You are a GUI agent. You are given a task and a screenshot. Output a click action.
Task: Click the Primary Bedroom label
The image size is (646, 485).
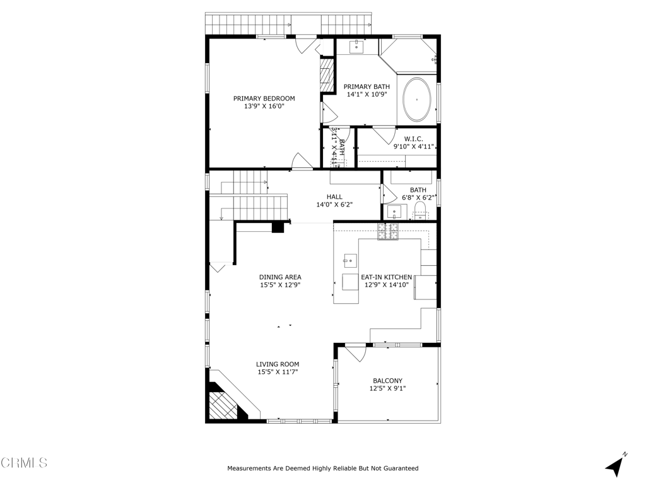pyautogui.click(x=264, y=99)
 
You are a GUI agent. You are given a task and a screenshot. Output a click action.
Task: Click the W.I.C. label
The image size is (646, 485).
pyautogui.click(x=413, y=139)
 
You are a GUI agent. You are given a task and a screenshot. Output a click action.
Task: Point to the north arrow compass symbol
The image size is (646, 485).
pyautogui.click(x=616, y=465)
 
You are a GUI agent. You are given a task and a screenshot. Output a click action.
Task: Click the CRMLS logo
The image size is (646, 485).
pyautogui.click(x=24, y=463)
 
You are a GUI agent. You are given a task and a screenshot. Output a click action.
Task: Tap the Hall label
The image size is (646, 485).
pyautogui.click(x=334, y=197)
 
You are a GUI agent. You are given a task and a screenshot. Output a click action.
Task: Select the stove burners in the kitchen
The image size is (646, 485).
pyautogui.click(x=389, y=232)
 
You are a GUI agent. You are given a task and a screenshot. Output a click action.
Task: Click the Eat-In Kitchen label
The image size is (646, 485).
pyautogui.click(x=386, y=277)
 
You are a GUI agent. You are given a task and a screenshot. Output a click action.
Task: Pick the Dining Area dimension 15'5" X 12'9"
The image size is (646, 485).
pyautogui.click(x=279, y=285)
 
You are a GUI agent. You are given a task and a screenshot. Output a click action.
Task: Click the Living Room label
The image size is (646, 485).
pyautogui.click(x=277, y=364)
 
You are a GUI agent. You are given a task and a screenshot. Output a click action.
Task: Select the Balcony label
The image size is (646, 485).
pyautogui.click(x=387, y=381)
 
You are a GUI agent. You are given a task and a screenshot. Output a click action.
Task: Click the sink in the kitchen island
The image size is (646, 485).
pyautogui.click(x=349, y=260)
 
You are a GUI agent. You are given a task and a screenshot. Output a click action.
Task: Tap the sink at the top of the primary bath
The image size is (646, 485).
pyautogui.click(x=357, y=46)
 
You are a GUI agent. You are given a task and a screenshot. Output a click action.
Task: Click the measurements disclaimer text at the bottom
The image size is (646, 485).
pyautogui.click(x=322, y=469)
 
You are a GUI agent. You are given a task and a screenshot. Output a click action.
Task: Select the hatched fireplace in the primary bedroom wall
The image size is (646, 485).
pyautogui.click(x=326, y=75)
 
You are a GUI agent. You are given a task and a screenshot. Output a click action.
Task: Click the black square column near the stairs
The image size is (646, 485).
pyautogui.click(x=278, y=227)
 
